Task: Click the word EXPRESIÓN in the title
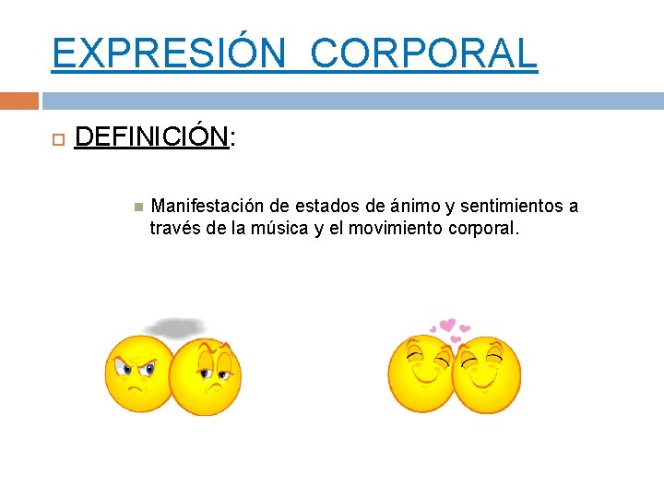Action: [x=169, y=53]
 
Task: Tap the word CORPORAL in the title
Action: [x=423, y=53]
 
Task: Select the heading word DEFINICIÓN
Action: [x=150, y=137]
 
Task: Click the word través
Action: [x=175, y=228]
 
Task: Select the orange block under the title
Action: [x=19, y=100]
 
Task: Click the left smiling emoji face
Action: [x=420, y=373]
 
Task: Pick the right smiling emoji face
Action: [x=488, y=374]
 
